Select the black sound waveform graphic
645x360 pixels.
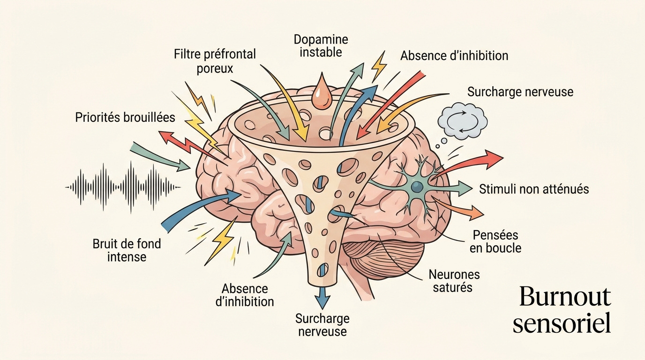click(123, 187)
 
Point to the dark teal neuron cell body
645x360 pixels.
click(416, 187)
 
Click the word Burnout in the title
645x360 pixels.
click(565, 296)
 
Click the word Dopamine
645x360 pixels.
click(321, 39)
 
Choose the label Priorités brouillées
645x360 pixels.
click(125, 117)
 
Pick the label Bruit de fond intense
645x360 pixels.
click(127, 250)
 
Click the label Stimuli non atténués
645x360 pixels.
click(534, 189)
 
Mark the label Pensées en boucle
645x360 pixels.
click(495, 241)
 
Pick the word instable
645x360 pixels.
click(321, 52)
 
